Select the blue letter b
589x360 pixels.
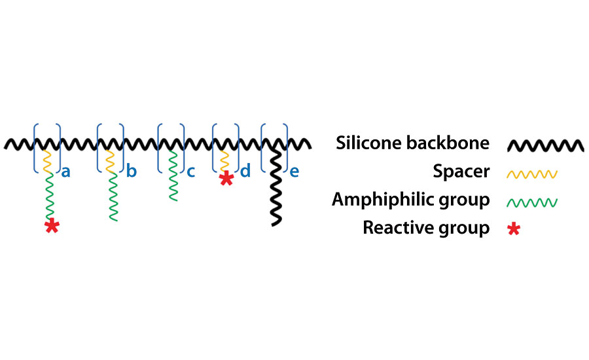pyautogui.click(x=132, y=173)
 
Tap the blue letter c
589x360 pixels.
pyautogui.click(x=191, y=173)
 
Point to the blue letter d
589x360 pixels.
pyautogui.click(x=245, y=173)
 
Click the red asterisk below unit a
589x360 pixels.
pyautogui.click(x=51, y=226)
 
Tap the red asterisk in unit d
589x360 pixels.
pyautogui.click(x=226, y=178)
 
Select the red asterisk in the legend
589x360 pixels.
pyautogui.click(x=514, y=228)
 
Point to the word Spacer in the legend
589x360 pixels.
pyautogui.click(x=461, y=172)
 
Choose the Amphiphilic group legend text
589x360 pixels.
pyautogui.click(x=410, y=200)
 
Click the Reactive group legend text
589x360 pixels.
pyautogui.click(x=426, y=228)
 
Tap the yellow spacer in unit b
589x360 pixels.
pyautogui.click(x=110, y=161)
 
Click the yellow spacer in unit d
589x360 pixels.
pyautogui.click(x=225, y=161)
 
